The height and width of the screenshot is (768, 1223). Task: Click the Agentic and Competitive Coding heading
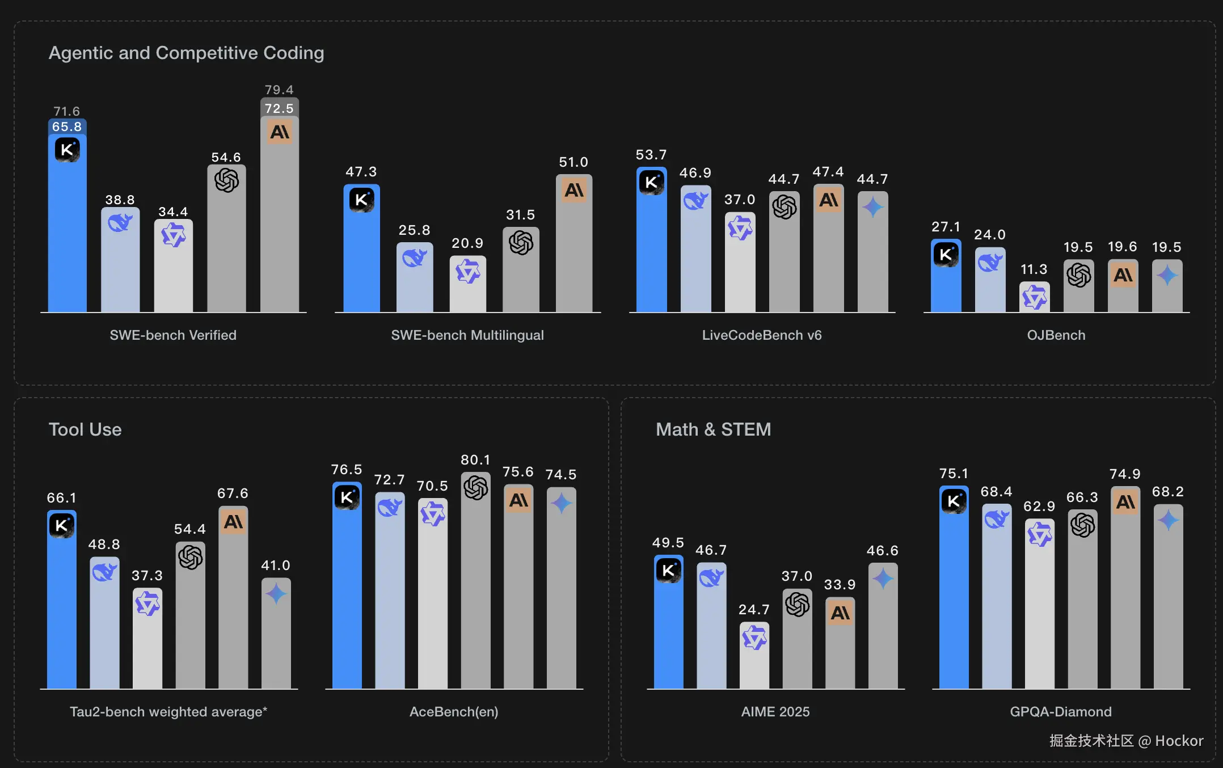(186, 53)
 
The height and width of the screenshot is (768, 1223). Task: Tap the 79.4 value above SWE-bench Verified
(279, 90)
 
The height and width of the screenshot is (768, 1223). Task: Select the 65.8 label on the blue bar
(67, 126)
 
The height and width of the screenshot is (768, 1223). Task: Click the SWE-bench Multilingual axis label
(467, 335)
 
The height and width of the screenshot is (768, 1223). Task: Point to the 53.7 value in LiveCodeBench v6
(651, 155)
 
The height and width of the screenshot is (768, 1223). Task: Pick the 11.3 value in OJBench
(1034, 269)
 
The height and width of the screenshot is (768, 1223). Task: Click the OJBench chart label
(1056, 335)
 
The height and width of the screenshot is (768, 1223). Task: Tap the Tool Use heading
(85, 429)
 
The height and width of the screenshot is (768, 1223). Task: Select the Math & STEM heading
(713, 429)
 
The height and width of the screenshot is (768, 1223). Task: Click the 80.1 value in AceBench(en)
(475, 460)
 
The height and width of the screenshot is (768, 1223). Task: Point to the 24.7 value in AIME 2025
(754, 610)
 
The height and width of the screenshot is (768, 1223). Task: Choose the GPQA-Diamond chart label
(1061, 712)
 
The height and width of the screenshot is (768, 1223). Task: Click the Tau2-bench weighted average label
(168, 712)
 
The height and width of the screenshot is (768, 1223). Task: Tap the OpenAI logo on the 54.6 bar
(226, 181)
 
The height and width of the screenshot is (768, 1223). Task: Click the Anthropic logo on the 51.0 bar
(574, 190)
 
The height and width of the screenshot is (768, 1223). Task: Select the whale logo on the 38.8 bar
(120, 223)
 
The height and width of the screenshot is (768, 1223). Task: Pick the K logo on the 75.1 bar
(954, 501)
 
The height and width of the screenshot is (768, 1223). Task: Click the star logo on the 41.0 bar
(276, 594)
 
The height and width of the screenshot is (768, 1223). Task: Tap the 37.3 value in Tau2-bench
(147, 576)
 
